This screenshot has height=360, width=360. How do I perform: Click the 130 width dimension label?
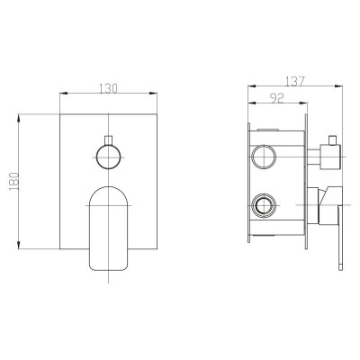108,88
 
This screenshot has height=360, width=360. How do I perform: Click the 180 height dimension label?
14,183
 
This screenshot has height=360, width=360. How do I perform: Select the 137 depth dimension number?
295,81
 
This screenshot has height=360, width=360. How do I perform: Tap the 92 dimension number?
277,98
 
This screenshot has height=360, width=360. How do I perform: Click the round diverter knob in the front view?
108,157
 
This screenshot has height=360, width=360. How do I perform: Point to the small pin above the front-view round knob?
108,140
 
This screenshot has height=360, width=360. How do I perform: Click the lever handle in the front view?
109,229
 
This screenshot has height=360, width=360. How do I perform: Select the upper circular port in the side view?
264,157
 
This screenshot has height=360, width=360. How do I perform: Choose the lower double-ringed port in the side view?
264,205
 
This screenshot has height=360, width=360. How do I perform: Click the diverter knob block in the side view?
330,157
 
